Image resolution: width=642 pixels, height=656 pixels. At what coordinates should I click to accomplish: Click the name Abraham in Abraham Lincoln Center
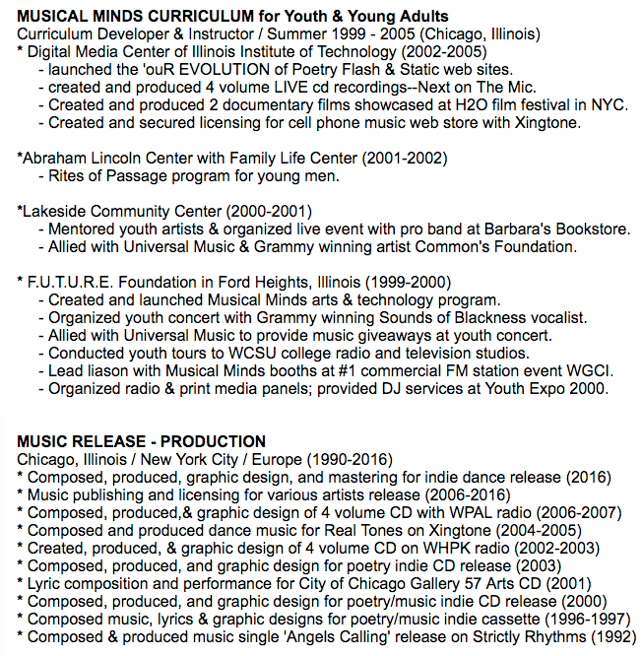click(55, 158)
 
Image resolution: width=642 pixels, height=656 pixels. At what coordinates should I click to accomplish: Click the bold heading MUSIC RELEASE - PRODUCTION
click(141, 441)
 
